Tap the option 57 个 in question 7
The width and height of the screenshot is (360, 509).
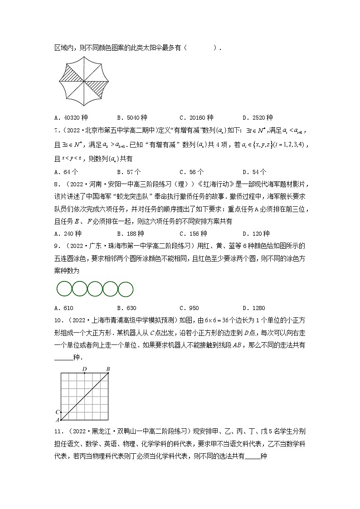[129, 172]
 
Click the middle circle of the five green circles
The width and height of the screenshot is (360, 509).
[95, 289]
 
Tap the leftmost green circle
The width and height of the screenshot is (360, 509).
[64, 289]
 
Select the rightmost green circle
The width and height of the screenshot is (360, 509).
[126, 289]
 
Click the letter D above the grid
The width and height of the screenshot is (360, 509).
[84, 369]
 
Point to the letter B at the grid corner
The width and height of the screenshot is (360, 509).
[108, 369]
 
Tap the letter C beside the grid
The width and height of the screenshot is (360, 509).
[57, 412]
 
